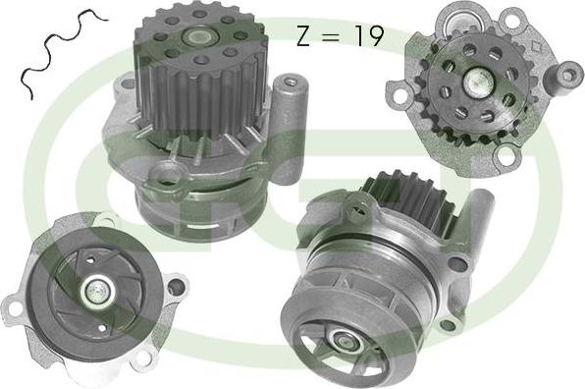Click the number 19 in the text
tap(368, 37)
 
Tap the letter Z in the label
tap(304, 37)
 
